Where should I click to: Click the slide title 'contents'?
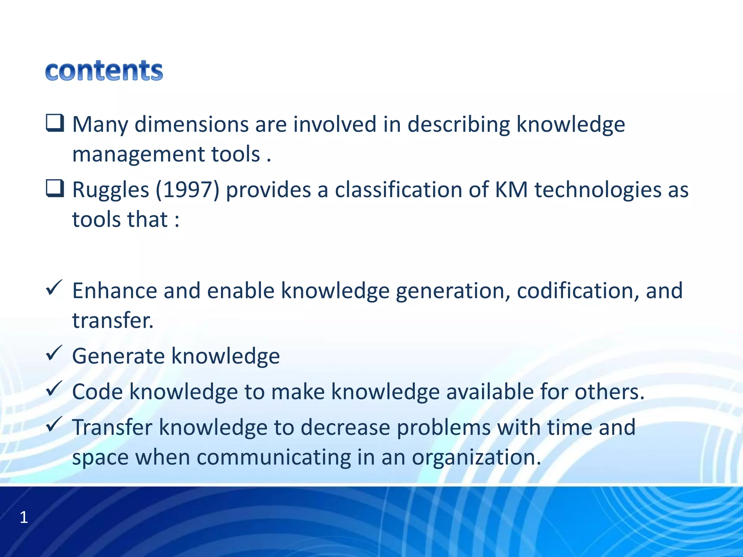click(x=104, y=71)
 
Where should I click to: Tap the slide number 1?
click(x=24, y=517)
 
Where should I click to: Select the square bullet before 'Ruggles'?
click(x=55, y=189)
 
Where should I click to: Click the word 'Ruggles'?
click(x=111, y=190)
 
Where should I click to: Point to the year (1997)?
click(x=188, y=190)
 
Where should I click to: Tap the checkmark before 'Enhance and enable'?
click(x=54, y=288)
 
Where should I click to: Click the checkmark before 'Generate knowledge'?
click(x=54, y=353)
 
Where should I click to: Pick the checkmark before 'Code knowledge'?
click(x=54, y=389)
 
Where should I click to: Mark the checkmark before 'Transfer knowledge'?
click(x=54, y=424)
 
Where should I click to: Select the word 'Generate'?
click(x=118, y=356)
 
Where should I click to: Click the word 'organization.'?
click(x=476, y=458)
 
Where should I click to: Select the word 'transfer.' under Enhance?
click(x=113, y=321)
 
